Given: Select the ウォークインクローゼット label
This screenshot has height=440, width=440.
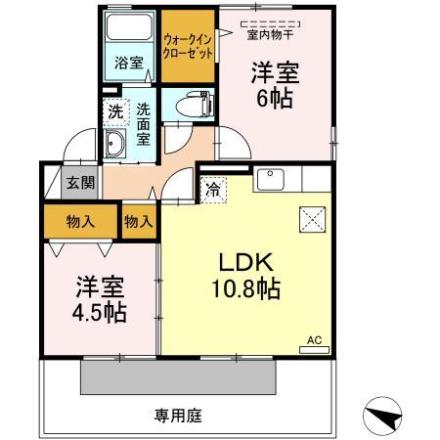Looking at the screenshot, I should coord(188,46).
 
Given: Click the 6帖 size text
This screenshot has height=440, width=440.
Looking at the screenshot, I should coord(274,98).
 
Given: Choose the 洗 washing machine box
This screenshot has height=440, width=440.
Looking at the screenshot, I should coord(115,111).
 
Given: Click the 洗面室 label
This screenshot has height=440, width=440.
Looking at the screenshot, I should coord(143,124).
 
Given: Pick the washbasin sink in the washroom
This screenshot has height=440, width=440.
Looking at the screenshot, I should coord(115,148).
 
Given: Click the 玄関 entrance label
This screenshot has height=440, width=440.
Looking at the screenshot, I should coord(78,183).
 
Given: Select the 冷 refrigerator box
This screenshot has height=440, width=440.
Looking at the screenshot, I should coord(213,189).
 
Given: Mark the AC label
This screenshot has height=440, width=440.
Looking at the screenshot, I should coord(314,339).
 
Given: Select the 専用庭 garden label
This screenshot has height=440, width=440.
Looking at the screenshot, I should coord(177,416).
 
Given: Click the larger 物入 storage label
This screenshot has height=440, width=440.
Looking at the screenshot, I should coord(80,222).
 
